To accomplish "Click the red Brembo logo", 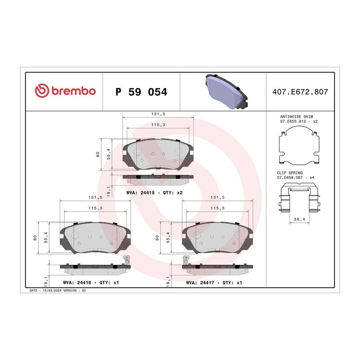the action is pos(65,91).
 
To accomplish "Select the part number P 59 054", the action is pos(141,92).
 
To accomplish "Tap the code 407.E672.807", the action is pos(300,92).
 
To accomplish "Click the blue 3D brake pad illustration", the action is pos(227,91).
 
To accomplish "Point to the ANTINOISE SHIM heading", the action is pos(296,117).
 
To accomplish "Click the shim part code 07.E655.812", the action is pos(293,121).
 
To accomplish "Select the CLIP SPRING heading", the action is pos(290,173).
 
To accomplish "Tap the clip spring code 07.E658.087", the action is pos(290,178).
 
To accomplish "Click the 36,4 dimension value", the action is pos(299,219).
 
